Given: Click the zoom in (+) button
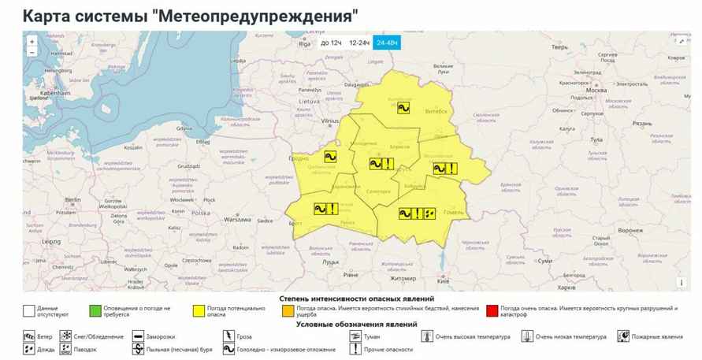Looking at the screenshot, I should click(x=32, y=41).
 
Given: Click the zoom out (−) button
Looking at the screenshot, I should click(x=32, y=52).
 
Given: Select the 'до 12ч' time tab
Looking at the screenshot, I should click(x=331, y=43).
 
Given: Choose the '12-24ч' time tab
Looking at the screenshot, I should click(x=359, y=43).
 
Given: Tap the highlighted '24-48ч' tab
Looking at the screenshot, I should click(x=387, y=43).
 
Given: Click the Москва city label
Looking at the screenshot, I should click(x=596, y=90).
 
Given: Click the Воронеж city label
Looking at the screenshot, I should click(x=630, y=230).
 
